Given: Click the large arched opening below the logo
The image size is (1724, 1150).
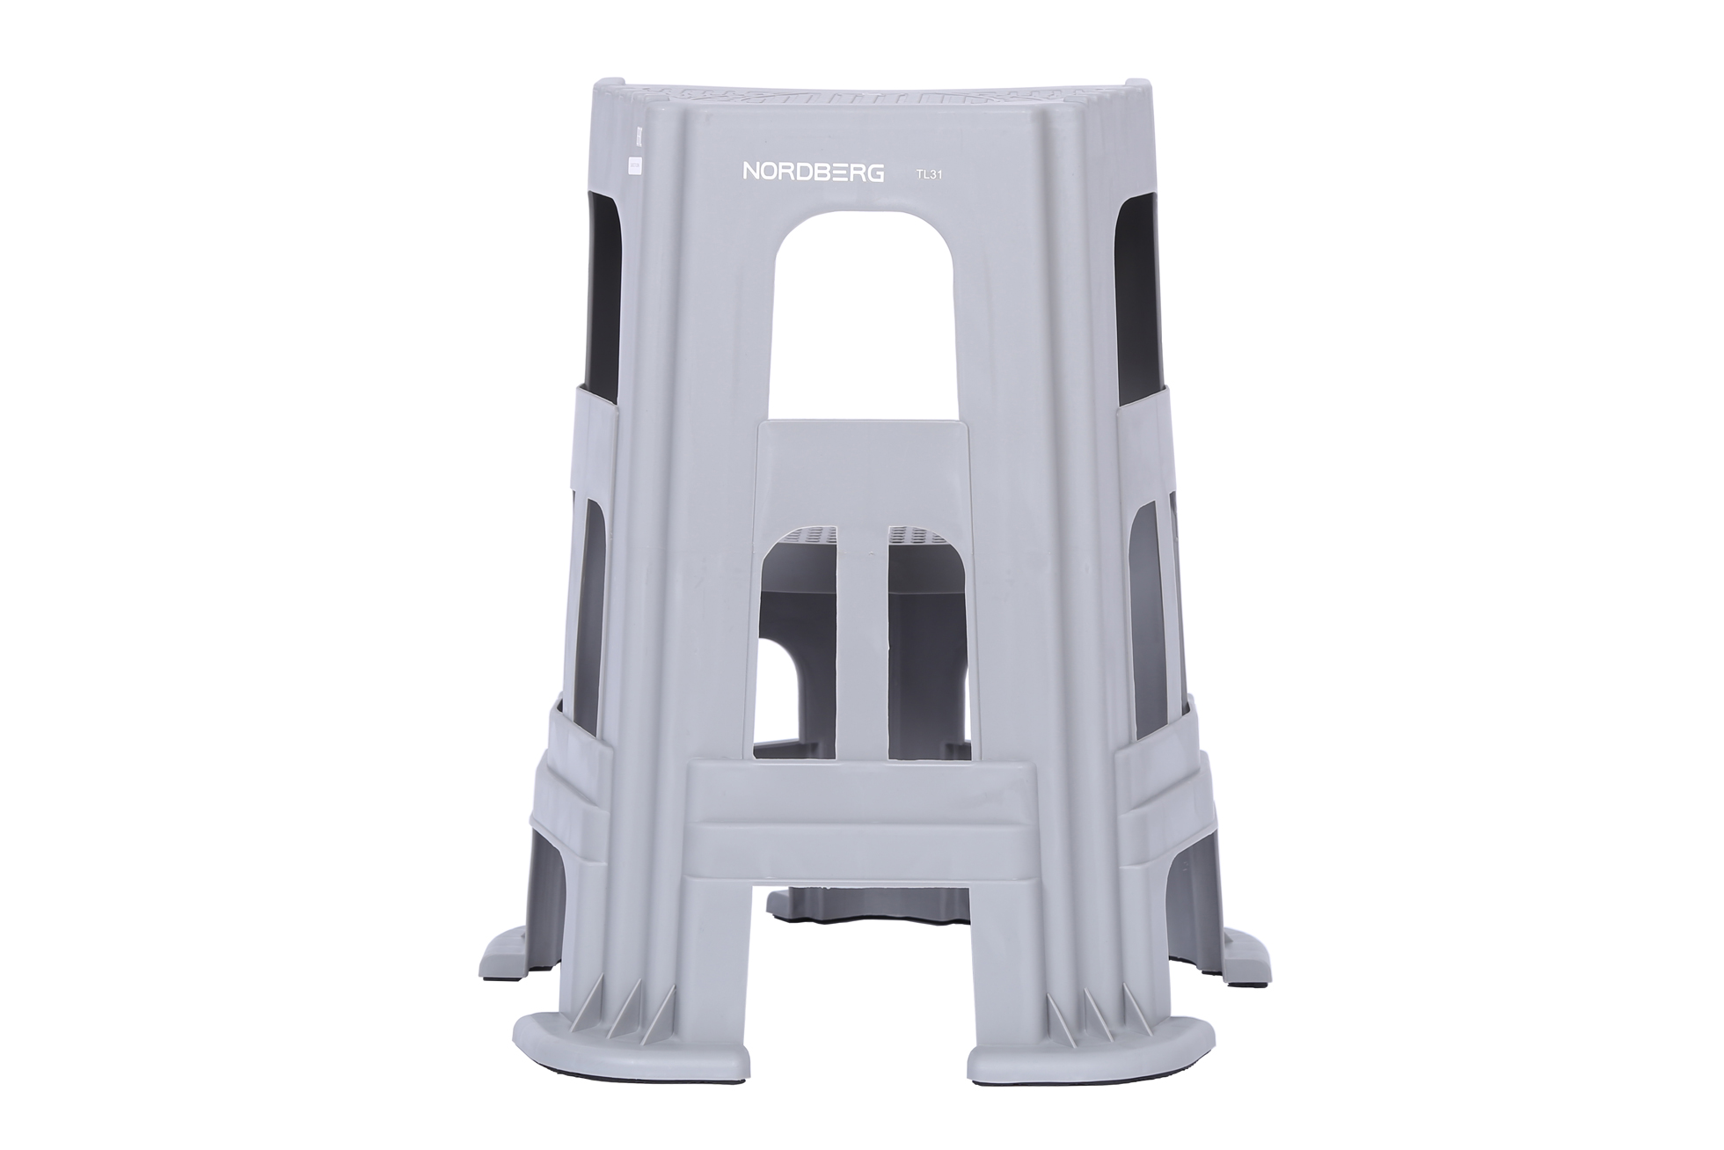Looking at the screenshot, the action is (864, 317).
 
